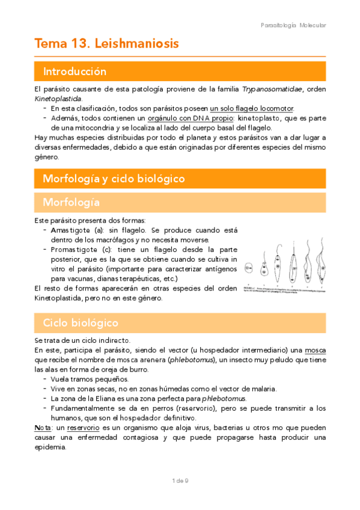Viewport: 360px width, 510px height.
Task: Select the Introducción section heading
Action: point(75,72)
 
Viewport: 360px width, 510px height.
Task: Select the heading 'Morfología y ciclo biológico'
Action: point(114,179)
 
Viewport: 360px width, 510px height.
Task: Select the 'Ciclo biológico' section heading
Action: point(81,323)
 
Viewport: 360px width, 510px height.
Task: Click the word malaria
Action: point(262,389)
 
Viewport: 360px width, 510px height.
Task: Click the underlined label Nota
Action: point(43,427)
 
